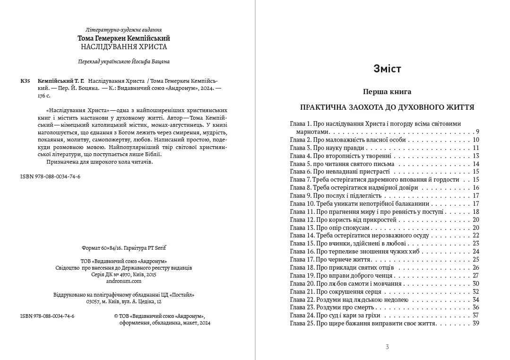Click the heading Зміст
(x=387, y=69)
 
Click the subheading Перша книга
(x=387, y=92)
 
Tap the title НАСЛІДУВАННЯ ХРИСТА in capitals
(x=124, y=47)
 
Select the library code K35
(x=26, y=81)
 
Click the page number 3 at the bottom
(x=387, y=347)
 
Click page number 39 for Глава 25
(x=475, y=324)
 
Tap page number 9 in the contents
(x=477, y=132)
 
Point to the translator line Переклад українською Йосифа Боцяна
(x=124, y=61)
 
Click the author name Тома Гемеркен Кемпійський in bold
(x=124, y=38)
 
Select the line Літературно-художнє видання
(x=124, y=30)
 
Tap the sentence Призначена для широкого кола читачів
(x=100, y=162)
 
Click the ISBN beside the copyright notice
(x=47, y=316)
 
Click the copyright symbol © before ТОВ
(x=116, y=316)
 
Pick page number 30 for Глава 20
(x=475, y=283)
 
